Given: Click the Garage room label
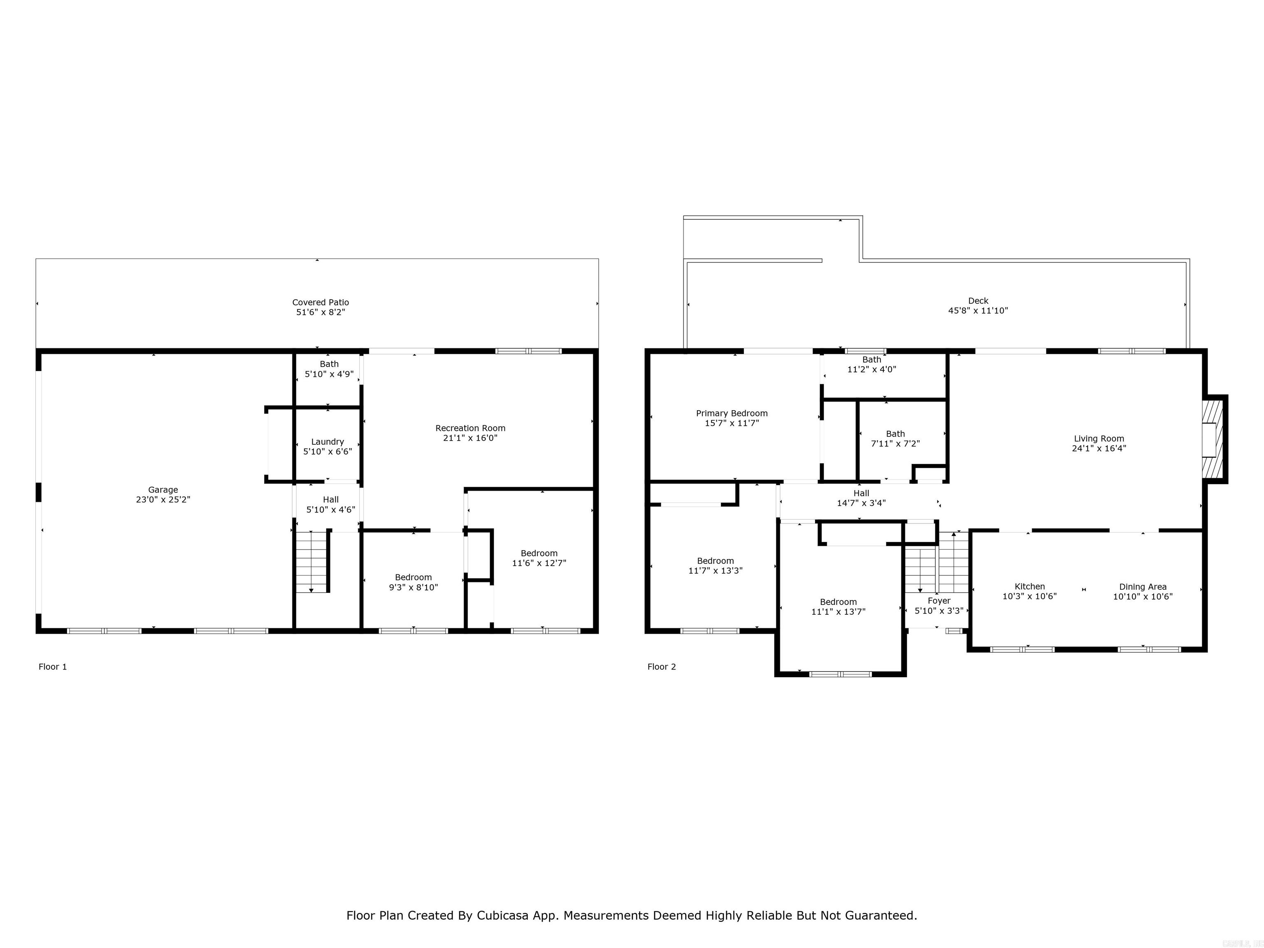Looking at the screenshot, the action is pyautogui.click(x=163, y=490).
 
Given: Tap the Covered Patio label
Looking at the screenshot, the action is pyautogui.click(x=321, y=302).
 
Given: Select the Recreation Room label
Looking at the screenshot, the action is pyautogui.click(x=470, y=428).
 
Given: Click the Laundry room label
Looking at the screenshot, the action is pyautogui.click(x=328, y=442).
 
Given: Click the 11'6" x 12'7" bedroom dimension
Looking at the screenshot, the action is pyautogui.click(x=539, y=563).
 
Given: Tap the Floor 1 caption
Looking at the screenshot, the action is pyautogui.click(x=53, y=667).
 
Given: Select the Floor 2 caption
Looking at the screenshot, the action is pyautogui.click(x=662, y=667).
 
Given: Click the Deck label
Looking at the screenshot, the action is pyautogui.click(x=978, y=301).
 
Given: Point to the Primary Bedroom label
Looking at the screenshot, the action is pyautogui.click(x=732, y=413).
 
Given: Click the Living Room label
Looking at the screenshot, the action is pyautogui.click(x=1099, y=439).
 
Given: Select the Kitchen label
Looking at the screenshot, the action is pyautogui.click(x=1030, y=586).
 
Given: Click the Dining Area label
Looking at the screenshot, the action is pyautogui.click(x=1143, y=587).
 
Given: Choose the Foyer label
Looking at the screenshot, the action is pyautogui.click(x=939, y=601).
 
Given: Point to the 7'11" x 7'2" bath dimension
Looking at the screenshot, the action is pyautogui.click(x=895, y=444).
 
